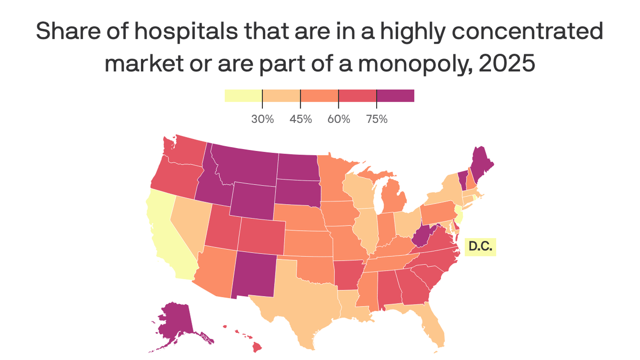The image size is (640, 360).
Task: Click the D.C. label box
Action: pos(480,247)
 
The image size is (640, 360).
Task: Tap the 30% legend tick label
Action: pos(262,119)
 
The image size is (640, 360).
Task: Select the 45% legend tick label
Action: pos(300,119)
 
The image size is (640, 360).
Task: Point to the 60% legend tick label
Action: pos(339,119)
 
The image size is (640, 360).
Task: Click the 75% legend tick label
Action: pos(377,119)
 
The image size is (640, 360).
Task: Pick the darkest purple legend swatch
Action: pos(395,96)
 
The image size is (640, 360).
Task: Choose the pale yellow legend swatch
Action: pos(243,96)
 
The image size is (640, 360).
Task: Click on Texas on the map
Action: pos(300,300)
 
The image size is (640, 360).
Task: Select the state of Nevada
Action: pos(187,220)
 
